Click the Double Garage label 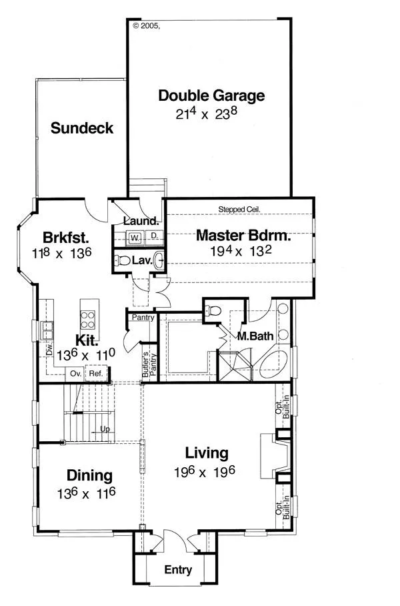(x=211, y=96)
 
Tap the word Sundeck (x=82, y=128)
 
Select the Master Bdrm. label (x=243, y=235)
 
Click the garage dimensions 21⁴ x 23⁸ (x=206, y=113)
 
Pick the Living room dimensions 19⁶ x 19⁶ (x=204, y=471)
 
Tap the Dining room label (x=89, y=476)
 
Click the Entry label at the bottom (x=178, y=570)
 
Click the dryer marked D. (x=154, y=236)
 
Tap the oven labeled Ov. (x=76, y=374)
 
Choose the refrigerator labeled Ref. (x=96, y=374)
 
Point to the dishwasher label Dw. (x=49, y=350)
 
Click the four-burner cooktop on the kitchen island (x=87, y=320)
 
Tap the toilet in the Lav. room (x=122, y=260)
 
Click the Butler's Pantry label (x=149, y=364)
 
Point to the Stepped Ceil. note (x=239, y=209)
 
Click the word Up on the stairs (x=105, y=429)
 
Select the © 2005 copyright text (x=146, y=26)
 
